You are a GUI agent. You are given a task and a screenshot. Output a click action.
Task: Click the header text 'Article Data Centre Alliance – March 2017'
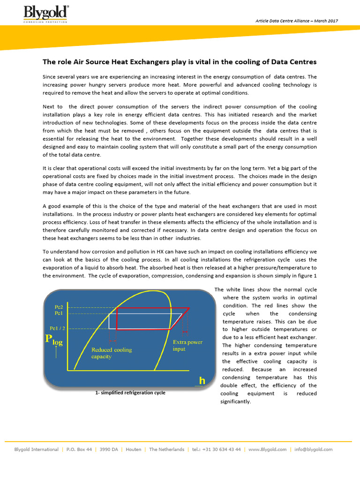pyautogui.click(x=296, y=21)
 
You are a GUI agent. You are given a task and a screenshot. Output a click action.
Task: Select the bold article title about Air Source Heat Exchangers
pyautogui.click(x=180, y=62)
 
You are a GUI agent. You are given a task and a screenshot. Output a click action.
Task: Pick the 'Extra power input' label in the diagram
pyautogui.click(x=187, y=345)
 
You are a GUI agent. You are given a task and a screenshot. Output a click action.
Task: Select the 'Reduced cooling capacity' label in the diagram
pyautogui.click(x=112, y=353)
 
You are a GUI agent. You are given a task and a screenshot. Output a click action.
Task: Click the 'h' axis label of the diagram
pyautogui.click(x=202, y=381)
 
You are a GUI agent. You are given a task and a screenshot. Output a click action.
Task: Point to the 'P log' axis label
pyautogui.click(x=53, y=340)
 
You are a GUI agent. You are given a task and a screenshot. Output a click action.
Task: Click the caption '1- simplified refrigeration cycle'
pyautogui.click(x=130, y=393)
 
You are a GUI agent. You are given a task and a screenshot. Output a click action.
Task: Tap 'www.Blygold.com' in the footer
pyautogui.click(x=267, y=449)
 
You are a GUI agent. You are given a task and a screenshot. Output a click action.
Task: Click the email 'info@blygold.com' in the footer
pyautogui.click(x=314, y=449)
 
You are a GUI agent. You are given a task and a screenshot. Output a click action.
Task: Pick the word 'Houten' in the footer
pyautogui.click(x=134, y=449)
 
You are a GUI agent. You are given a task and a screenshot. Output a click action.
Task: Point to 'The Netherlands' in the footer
pyautogui.click(x=166, y=449)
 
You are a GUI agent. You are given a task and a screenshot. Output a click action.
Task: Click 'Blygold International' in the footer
pyautogui.click(x=37, y=449)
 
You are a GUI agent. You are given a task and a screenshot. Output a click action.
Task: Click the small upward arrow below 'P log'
pyautogui.click(x=56, y=352)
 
